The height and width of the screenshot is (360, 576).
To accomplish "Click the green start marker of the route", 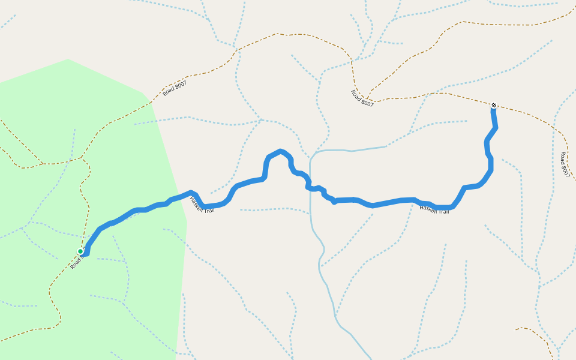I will click(80, 251).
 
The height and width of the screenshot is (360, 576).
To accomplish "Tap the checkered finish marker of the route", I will click(494, 106).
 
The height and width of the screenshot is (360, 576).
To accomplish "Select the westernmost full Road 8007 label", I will click(175, 88).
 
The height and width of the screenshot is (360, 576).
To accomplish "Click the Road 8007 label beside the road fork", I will click(362, 98).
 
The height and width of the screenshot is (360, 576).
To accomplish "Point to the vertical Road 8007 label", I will click(564, 164).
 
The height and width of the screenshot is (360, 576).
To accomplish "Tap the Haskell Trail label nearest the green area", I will click(202, 205).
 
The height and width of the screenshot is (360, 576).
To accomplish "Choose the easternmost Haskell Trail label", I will click(434, 209).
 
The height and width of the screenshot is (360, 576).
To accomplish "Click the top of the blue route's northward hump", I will click(280, 151).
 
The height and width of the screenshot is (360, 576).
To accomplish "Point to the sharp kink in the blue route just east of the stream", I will click(334, 202).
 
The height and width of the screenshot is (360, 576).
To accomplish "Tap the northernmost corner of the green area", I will click(68, 59).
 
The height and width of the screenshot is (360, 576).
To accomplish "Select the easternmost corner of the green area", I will click(187, 223).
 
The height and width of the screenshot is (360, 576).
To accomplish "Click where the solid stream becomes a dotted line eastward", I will click(386, 146).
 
